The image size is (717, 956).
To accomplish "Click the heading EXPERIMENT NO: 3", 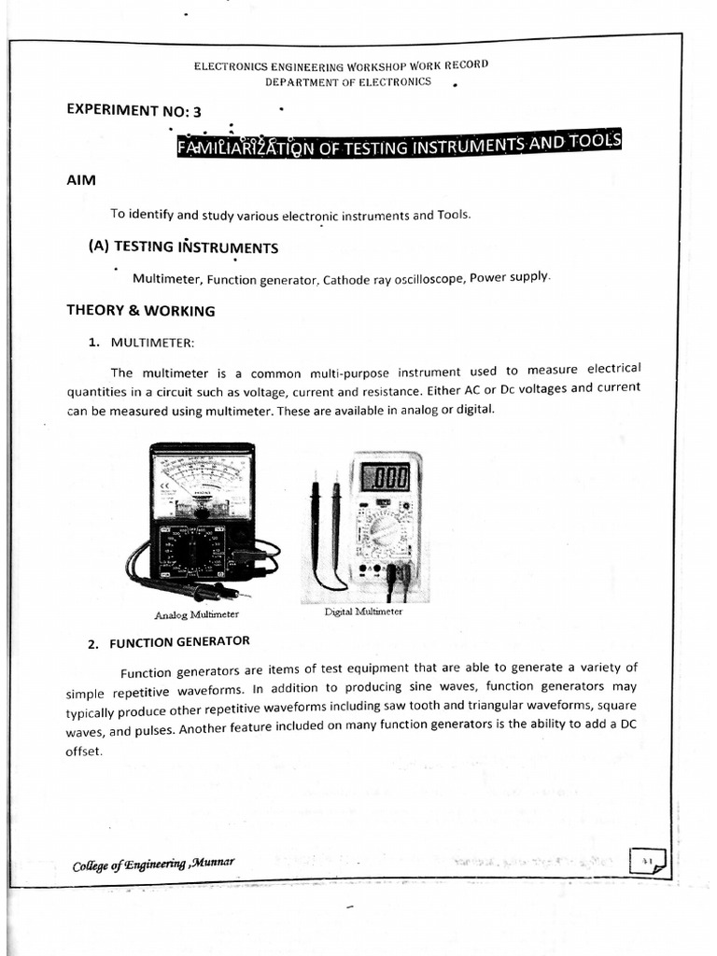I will pos(134,109).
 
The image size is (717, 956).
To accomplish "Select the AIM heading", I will pos(81,179).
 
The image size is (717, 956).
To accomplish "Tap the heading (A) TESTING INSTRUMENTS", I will pos(183,246).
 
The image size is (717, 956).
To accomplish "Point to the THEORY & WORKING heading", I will pos(140,310).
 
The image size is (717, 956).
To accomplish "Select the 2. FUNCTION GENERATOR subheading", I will pos(170,641).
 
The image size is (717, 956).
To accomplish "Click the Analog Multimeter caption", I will pos(197,614).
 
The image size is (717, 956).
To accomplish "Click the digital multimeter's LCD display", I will pos(385,478).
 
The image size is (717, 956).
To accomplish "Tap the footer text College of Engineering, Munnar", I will pos(153,864).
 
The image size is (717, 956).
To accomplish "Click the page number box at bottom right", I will pos(648,860).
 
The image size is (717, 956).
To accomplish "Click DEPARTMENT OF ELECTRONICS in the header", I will pos(348,82).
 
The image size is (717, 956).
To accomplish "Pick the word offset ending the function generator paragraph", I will pos(83,752).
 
